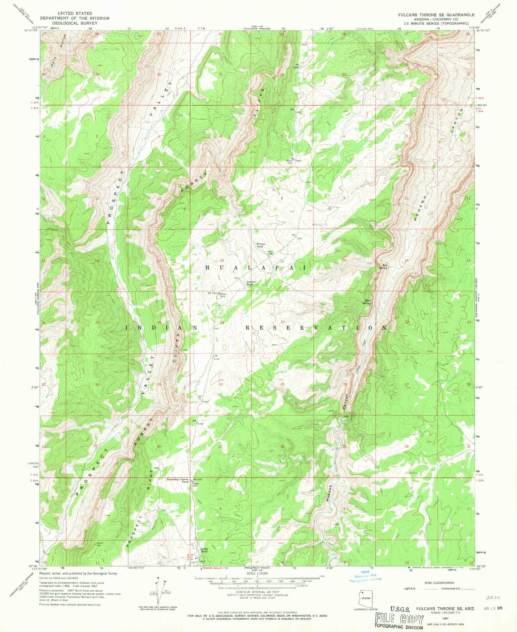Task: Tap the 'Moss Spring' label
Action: click(x=367, y=302)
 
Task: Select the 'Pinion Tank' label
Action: click(x=260, y=245)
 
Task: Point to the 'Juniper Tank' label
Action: click(x=252, y=282)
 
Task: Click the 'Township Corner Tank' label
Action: click(x=178, y=480)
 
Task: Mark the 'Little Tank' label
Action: click(x=204, y=550)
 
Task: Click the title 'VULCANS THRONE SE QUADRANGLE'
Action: click(x=436, y=15)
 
